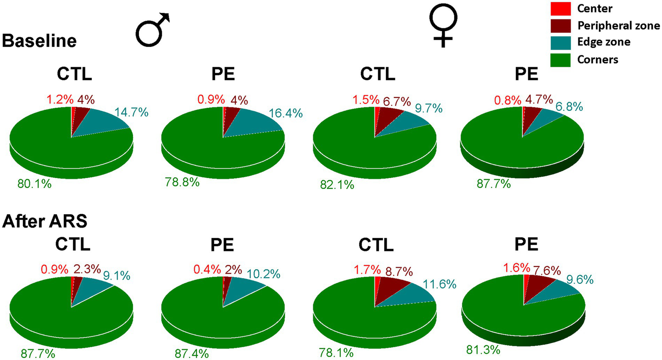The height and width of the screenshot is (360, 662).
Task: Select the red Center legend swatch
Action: [561, 9]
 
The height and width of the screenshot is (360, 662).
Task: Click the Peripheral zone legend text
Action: [618, 26]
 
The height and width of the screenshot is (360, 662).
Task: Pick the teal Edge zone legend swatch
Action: [561, 42]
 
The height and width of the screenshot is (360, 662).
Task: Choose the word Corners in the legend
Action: [597, 59]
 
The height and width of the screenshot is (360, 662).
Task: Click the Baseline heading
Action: [39, 41]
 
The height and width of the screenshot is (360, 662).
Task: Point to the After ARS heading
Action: [44, 221]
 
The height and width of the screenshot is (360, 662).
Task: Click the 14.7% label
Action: [132, 113]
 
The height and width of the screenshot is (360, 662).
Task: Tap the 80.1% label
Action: [35, 184]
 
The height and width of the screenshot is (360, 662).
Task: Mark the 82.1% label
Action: [337, 185]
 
